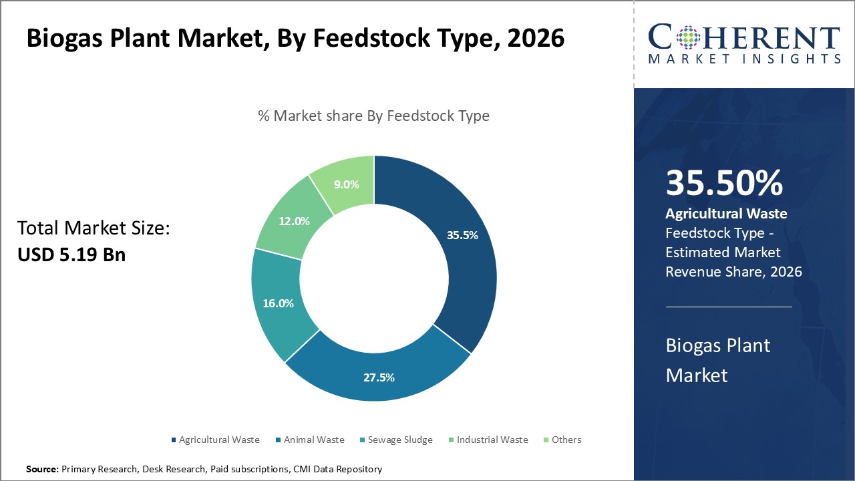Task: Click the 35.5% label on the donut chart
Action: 462,235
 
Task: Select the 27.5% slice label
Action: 379,377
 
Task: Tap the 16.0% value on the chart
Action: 278,303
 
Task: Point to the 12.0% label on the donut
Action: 293,221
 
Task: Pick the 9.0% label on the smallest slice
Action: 347,184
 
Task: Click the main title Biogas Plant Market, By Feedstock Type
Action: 295,38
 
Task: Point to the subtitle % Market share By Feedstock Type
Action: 373,116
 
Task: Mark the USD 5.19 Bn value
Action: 71,255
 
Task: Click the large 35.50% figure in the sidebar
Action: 724,183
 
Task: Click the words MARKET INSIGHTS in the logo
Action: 744,59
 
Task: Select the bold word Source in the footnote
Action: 42,469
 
